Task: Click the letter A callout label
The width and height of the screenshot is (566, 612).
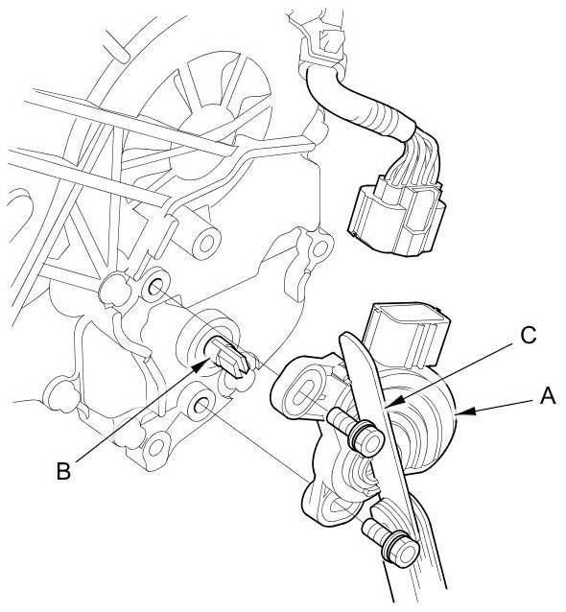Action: [x=547, y=397]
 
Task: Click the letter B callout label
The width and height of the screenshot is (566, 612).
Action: [x=63, y=471]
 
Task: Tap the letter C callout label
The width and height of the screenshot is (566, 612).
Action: [x=529, y=336]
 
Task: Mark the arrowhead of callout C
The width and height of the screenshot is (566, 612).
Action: [x=394, y=403]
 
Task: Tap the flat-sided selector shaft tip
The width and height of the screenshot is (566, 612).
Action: [x=230, y=356]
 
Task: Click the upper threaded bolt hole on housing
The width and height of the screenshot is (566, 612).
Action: [x=155, y=287]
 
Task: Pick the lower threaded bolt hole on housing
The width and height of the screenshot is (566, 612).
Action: [x=200, y=407]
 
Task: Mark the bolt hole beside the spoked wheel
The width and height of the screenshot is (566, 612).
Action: [x=320, y=247]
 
